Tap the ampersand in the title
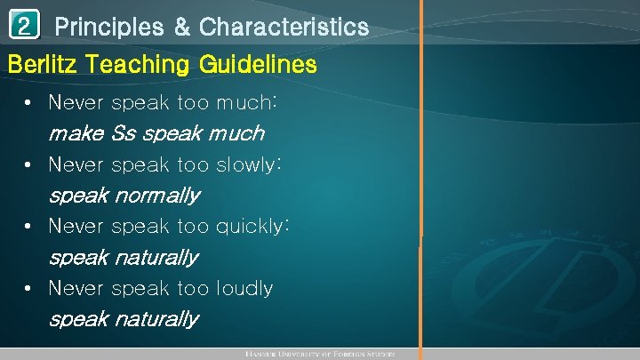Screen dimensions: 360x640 point(181,28)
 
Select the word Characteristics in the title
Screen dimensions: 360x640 point(284,28)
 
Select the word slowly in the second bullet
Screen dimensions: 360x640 point(249,164)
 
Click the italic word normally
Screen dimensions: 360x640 point(156,195)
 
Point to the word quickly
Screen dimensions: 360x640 point(252,227)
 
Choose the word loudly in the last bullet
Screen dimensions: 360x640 point(244,288)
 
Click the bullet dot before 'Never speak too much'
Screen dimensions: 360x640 point(30,103)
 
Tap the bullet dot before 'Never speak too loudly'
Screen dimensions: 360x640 point(30,288)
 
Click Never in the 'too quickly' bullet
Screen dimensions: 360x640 point(76,227)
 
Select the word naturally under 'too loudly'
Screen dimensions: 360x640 point(156,318)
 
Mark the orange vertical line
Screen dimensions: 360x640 point(421,178)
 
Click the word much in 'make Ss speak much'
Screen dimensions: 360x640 point(235,133)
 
